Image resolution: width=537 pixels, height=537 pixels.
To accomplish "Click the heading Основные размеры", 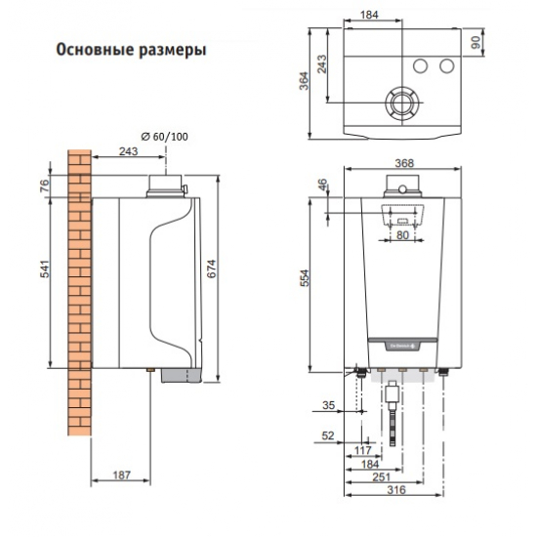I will (x=130, y=49).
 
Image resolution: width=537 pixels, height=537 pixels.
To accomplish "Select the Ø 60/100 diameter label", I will (x=163, y=136).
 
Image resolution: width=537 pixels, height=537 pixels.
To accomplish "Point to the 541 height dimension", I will (x=43, y=276).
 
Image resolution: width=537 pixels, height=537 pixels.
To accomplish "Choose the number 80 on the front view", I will (x=402, y=235).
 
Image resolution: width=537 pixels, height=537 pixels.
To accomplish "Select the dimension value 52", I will (x=328, y=435).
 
